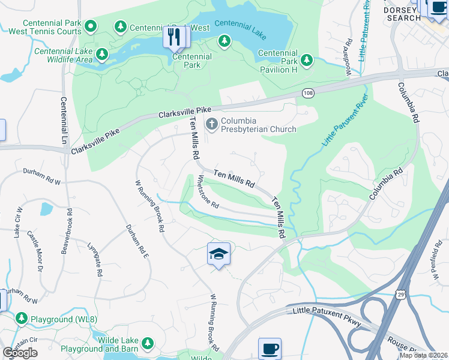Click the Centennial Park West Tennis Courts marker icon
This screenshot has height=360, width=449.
(91, 26)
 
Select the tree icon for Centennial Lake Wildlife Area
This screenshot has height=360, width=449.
(103, 55)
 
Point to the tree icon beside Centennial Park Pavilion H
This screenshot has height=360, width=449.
(307, 60)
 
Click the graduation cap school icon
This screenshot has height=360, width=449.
(219, 254)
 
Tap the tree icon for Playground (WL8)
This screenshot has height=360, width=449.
(22, 318)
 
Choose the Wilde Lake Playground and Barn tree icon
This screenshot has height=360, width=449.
(146, 344)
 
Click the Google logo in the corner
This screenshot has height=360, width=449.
(20, 353)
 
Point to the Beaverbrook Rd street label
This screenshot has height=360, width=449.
(67, 231)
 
